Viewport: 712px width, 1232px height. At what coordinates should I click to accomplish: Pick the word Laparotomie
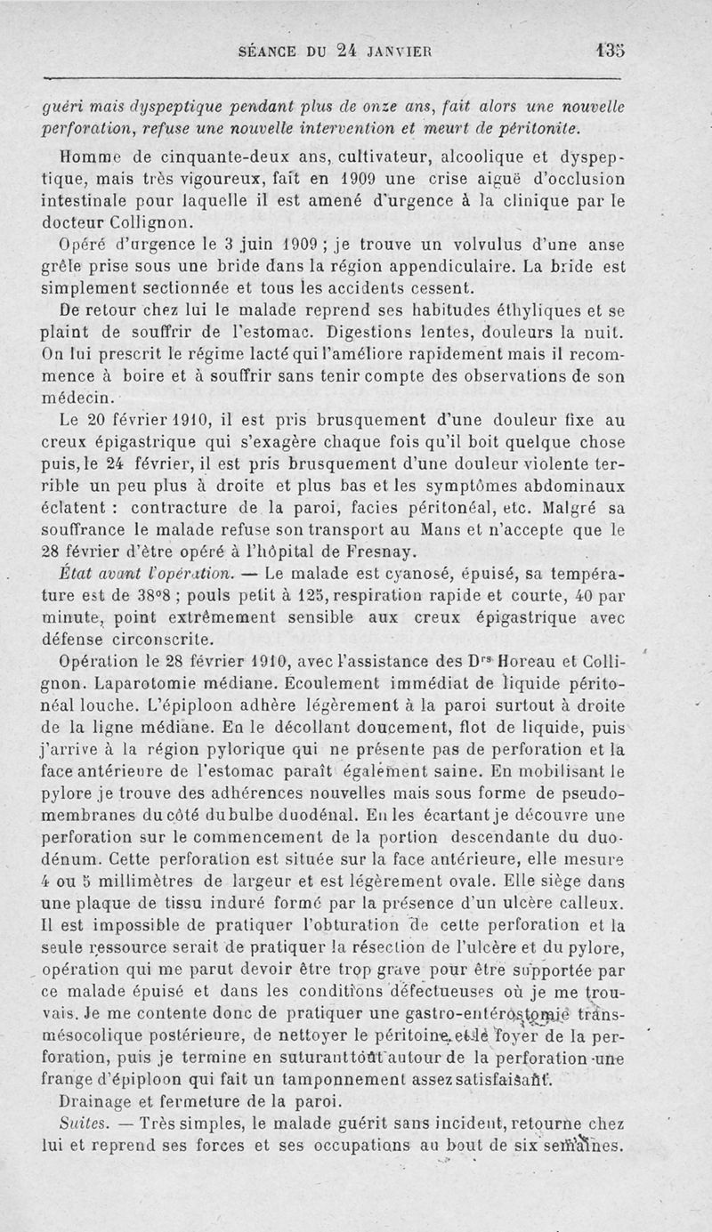click(x=157, y=683)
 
